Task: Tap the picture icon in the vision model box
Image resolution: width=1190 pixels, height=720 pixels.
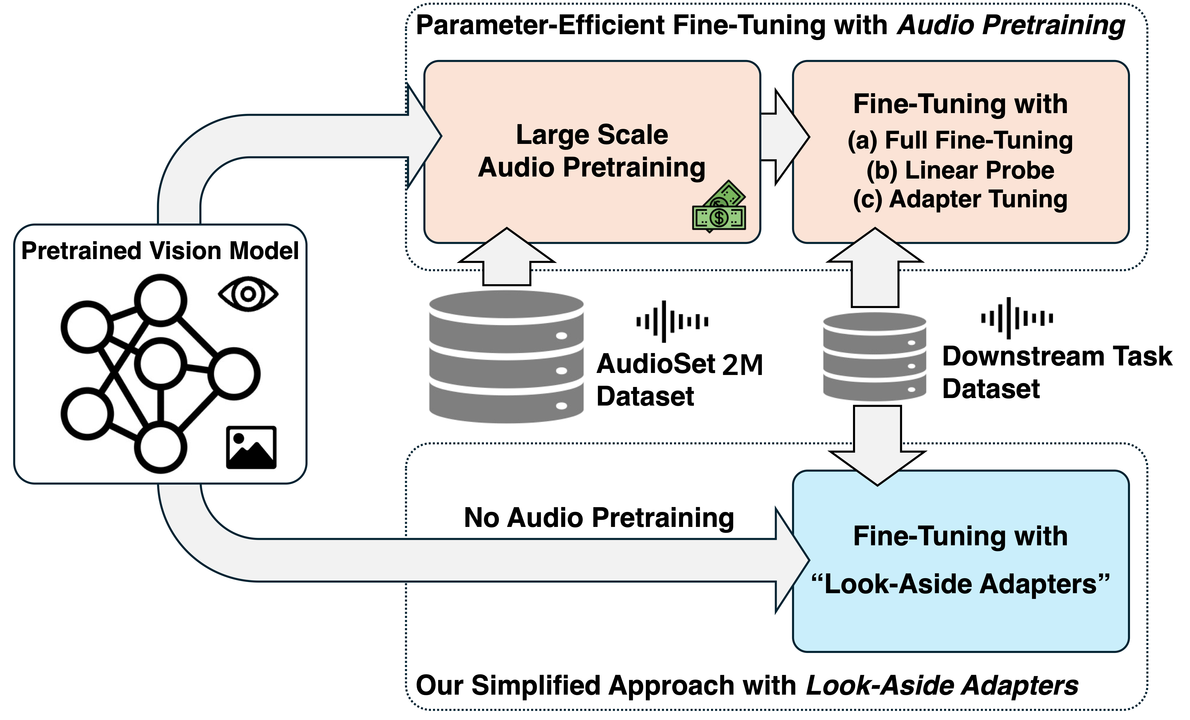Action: [251, 447]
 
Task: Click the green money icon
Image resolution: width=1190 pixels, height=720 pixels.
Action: [719, 207]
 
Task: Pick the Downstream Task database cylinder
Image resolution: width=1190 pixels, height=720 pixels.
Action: [875, 357]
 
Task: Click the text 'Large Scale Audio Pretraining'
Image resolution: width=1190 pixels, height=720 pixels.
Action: [592, 151]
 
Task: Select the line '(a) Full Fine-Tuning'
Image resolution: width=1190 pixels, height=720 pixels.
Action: [960, 141]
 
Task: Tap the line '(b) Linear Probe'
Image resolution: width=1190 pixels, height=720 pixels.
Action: [960, 170]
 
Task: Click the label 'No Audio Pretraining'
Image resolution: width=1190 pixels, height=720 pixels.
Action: [599, 518]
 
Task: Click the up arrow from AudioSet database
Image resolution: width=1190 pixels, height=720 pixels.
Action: [507, 256]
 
